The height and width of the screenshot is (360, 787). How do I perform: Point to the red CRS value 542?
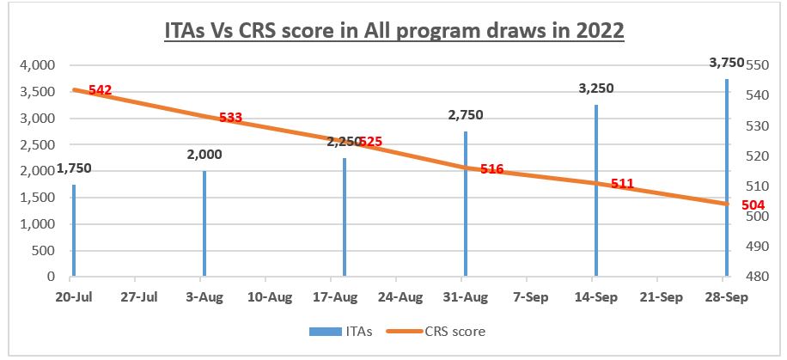coord(99,90)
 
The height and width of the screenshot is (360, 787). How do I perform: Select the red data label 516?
coord(491,169)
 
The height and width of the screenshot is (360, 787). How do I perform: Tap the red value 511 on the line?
coord(622,183)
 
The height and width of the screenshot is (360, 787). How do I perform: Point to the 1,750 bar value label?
coord(74,168)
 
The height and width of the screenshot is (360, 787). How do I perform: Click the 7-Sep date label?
coord(527,296)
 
